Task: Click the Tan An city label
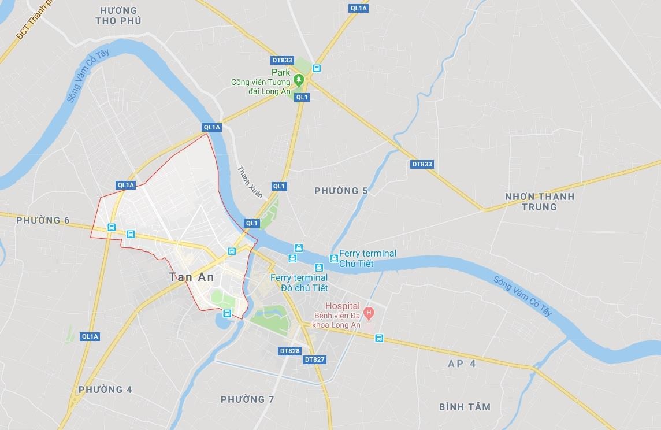pyautogui.click(x=191, y=277)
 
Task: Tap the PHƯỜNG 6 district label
pyautogui.click(x=43, y=220)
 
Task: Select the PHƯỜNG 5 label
pyautogui.click(x=341, y=191)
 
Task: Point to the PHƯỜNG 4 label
pyautogui.click(x=105, y=390)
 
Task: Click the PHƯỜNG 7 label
pyautogui.click(x=247, y=399)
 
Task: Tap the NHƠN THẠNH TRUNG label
pyautogui.click(x=540, y=201)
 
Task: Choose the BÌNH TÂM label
pyautogui.click(x=465, y=407)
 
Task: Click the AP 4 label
pyautogui.click(x=462, y=364)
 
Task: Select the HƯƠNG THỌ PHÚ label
pyautogui.click(x=118, y=16)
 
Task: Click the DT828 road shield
pyautogui.click(x=289, y=351)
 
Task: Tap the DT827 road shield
pyautogui.click(x=314, y=359)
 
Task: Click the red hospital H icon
pyautogui.click(x=370, y=313)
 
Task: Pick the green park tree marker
pyautogui.click(x=299, y=80)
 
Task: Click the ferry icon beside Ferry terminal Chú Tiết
pyautogui.click(x=333, y=258)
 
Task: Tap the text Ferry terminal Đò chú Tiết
pyautogui.click(x=299, y=283)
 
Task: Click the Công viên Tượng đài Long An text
pyautogui.click(x=261, y=87)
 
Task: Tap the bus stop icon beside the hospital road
pyautogui.click(x=379, y=338)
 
